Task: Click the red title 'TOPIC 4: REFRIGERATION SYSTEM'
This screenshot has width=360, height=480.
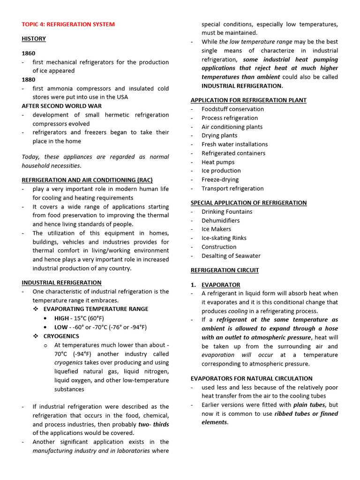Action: [x=68, y=24]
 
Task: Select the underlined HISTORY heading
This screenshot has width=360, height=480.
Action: [x=34, y=39]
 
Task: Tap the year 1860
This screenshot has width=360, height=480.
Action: [x=29, y=53]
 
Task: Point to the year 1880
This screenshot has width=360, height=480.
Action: [x=29, y=80]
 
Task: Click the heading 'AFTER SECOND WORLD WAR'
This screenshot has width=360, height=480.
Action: [x=61, y=106]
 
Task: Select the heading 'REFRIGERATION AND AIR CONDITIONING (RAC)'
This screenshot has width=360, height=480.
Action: [x=87, y=180]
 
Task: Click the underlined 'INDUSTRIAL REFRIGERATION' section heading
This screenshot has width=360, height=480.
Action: [x=61, y=283]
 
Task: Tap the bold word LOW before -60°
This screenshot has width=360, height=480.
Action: [x=61, y=327]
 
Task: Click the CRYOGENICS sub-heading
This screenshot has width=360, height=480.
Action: [x=61, y=336]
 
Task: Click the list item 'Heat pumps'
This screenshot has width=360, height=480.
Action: [x=218, y=162]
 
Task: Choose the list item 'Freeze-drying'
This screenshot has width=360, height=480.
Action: [x=220, y=180]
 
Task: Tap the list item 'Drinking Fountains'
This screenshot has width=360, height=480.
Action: [x=227, y=212]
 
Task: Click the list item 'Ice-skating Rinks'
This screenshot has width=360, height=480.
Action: [x=224, y=238]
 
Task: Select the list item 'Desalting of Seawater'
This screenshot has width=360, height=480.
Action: [x=231, y=256]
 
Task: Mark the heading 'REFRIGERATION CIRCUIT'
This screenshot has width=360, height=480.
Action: [x=225, y=270]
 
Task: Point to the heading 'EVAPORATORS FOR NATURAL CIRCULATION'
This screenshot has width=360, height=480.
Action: [x=251, y=378]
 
